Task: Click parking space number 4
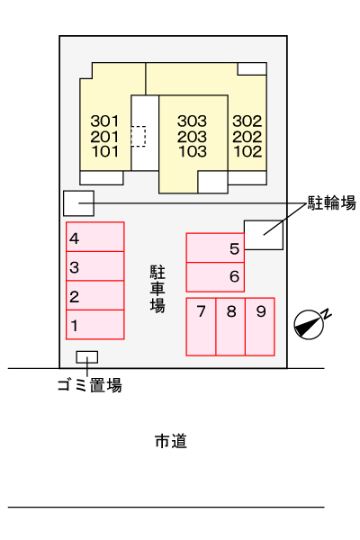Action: pos(95,237)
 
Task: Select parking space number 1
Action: pos(95,325)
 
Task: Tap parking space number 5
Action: pos(215,247)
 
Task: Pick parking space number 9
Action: pos(260,327)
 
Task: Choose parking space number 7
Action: pos(201,327)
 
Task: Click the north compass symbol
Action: pos(310,324)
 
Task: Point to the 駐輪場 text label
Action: pos(331,202)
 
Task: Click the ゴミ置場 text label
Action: pos(90,385)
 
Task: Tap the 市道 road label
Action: pos(171,441)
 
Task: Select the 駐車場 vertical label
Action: pos(157,289)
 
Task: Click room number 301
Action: pos(104,121)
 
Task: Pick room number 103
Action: pos(193,151)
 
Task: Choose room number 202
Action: pos(247,137)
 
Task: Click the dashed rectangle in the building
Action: pos(139,137)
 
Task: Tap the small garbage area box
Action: pos(86,357)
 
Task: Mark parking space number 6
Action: pos(215,277)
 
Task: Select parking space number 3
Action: pos(95,266)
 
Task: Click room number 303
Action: pos(193,121)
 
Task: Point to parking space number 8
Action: pos(230,327)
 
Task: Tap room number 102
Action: pos(247,151)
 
